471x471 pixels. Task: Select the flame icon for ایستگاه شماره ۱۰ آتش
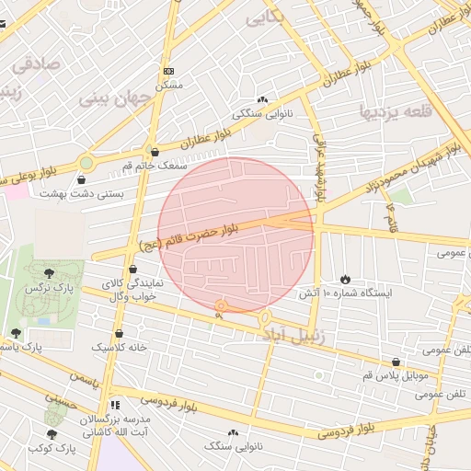pyautogui.click(x=345, y=279)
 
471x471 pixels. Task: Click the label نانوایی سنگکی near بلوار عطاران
pyautogui.click(x=262, y=114)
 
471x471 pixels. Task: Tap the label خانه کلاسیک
pyautogui.click(x=119, y=348)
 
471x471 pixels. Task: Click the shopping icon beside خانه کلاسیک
pyautogui.click(x=119, y=334)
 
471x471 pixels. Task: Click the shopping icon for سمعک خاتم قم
pyautogui.click(x=153, y=153)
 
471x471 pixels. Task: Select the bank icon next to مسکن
pyautogui.click(x=167, y=71)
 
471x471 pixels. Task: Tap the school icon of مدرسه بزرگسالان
pyautogui.click(x=114, y=405)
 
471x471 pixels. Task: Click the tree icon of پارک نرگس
pyautogui.click(x=48, y=272)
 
